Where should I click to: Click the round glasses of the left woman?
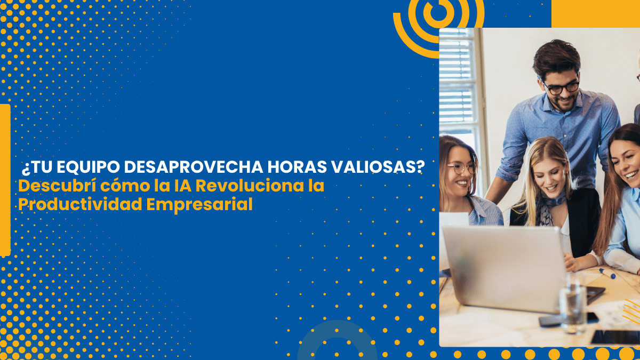point(461,167)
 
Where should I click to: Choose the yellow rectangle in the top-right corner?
point(595,13)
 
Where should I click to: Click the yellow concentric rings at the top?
point(438,19)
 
